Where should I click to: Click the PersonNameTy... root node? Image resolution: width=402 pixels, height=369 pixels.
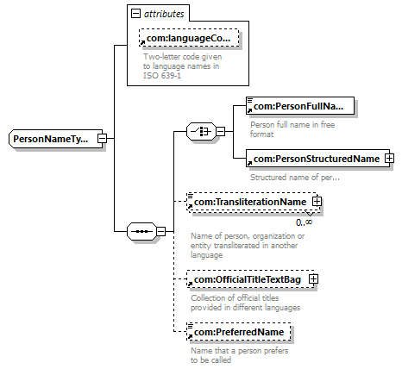(x=55, y=139)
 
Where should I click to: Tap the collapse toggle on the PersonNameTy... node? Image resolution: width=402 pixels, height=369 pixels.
(x=102, y=139)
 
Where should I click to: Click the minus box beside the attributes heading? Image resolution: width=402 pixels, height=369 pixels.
(x=135, y=14)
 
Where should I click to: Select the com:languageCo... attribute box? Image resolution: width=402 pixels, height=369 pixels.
(x=189, y=38)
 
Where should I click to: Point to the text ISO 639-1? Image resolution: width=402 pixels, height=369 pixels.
(x=162, y=76)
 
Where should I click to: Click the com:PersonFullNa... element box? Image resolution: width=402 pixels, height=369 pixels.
(x=300, y=106)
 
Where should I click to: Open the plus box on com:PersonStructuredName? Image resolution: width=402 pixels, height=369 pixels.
(x=389, y=158)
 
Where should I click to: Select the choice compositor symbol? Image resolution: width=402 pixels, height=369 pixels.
(x=201, y=131)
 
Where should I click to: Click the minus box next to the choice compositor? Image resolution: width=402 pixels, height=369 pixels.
(x=220, y=131)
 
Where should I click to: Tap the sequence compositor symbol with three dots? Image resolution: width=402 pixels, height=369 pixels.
(x=141, y=231)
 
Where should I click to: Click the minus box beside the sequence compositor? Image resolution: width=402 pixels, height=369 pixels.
(x=161, y=231)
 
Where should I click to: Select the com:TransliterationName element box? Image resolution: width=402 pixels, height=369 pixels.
(x=253, y=202)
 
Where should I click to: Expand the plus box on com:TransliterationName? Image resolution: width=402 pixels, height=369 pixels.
(x=317, y=201)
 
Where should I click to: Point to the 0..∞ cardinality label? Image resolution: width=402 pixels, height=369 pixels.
(x=304, y=222)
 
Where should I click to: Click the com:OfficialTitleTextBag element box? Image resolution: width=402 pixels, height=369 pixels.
(x=251, y=279)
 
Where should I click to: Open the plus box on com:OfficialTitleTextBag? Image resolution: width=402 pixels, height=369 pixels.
(x=313, y=278)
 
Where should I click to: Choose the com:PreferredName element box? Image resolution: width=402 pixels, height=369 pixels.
(x=238, y=332)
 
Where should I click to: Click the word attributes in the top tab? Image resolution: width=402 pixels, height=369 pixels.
(x=164, y=14)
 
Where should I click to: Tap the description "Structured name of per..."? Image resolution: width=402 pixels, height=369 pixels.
(x=295, y=178)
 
